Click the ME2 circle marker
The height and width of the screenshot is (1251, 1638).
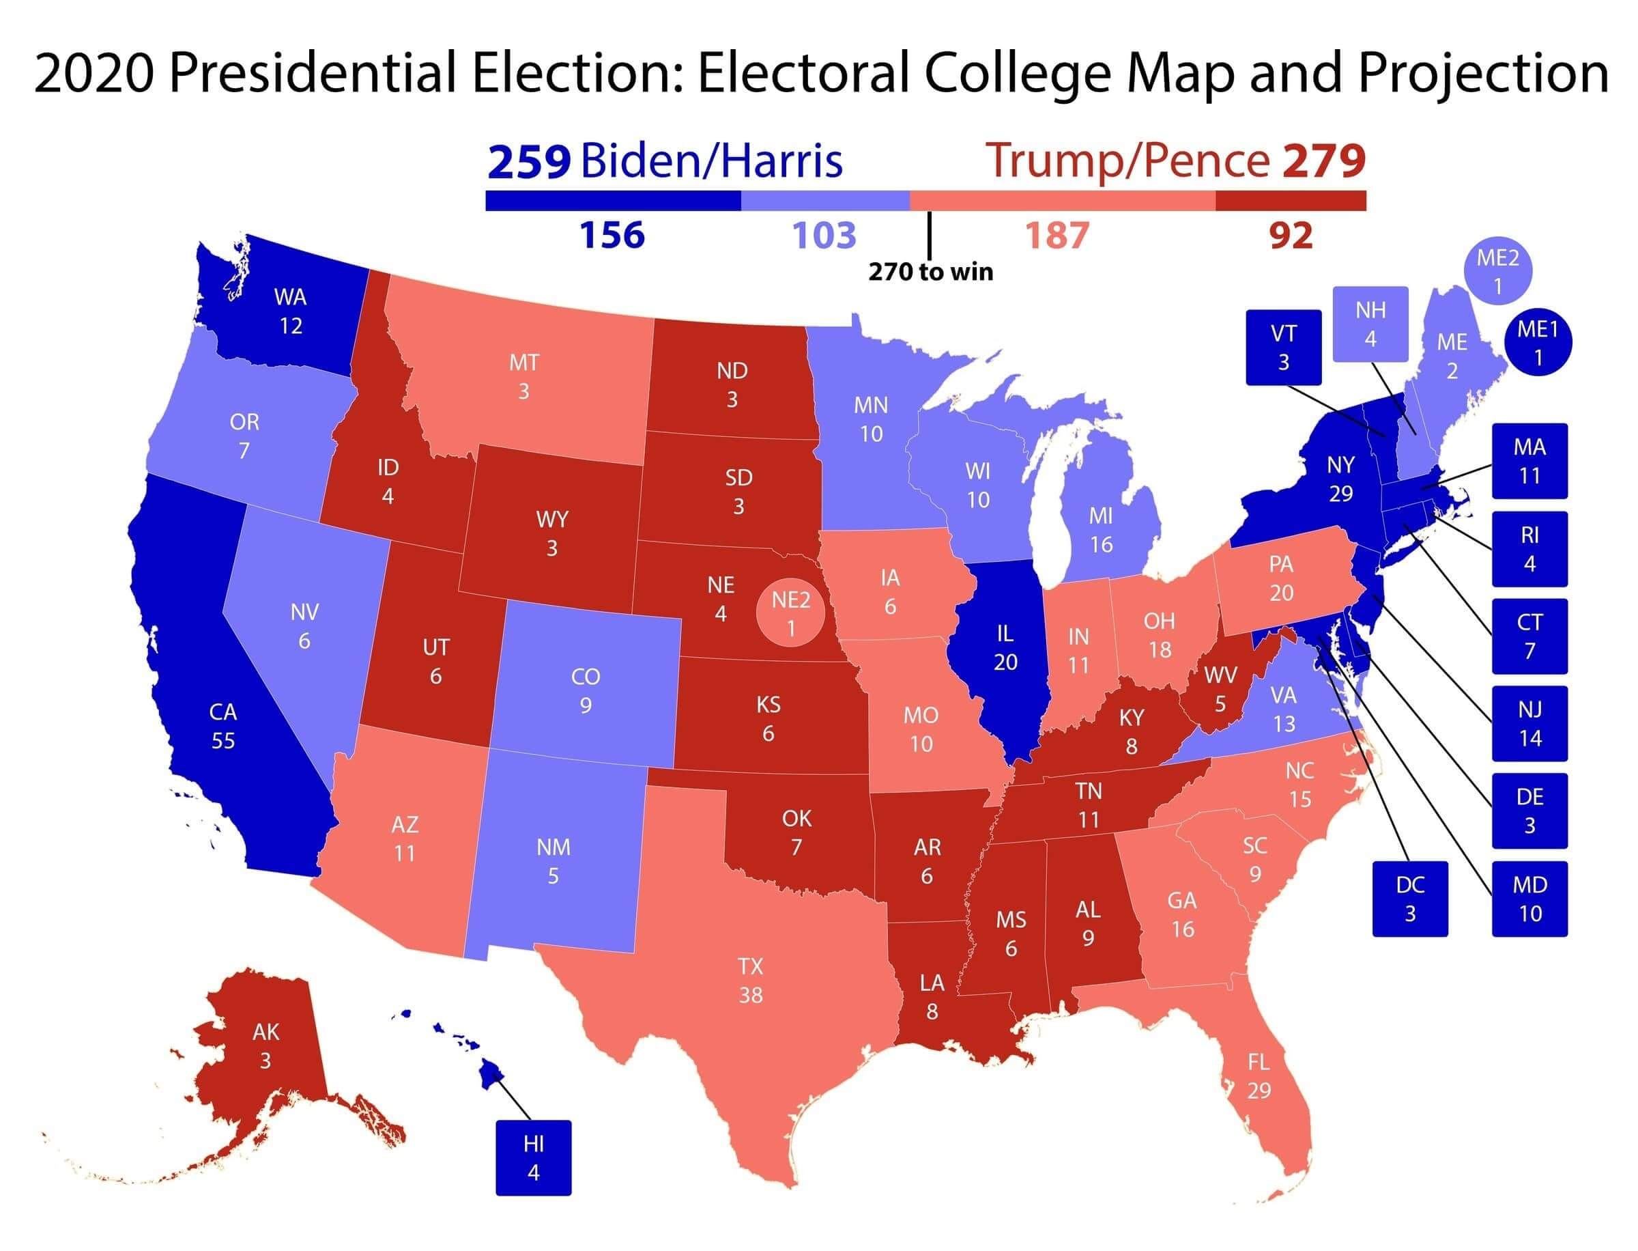(1497, 272)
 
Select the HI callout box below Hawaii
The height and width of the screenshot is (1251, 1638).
(533, 1157)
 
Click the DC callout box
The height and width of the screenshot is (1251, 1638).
(1409, 898)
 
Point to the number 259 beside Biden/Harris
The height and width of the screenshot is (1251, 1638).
(529, 162)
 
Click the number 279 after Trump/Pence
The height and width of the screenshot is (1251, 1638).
(1323, 162)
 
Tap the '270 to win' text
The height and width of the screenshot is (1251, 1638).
(930, 272)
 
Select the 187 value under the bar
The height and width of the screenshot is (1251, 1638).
(1057, 236)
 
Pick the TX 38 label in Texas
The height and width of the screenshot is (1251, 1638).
(750, 980)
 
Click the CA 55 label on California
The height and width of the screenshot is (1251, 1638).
(222, 726)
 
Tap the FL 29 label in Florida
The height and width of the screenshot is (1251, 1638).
(1258, 1076)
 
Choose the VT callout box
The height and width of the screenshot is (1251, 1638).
(1283, 348)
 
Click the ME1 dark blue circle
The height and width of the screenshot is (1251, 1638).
(1538, 343)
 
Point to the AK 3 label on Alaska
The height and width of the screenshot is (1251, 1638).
(265, 1045)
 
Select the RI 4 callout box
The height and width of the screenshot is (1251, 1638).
(1529, 549)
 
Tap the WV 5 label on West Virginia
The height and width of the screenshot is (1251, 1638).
(1220, 689)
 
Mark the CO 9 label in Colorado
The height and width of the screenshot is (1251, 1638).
(585, 690)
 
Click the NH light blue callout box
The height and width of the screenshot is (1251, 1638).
(1369, 324)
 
